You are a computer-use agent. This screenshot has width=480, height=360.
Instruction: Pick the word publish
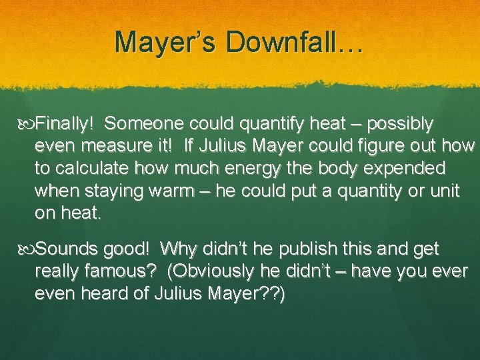(x=282, y=250)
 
